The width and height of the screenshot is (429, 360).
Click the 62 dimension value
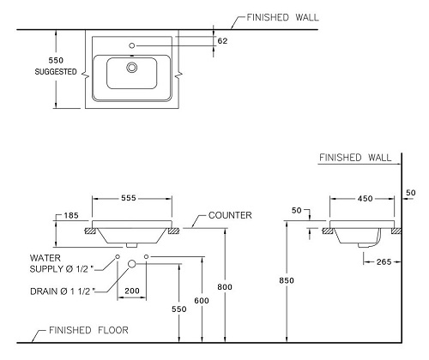pyautogui.click(x=222, y=41)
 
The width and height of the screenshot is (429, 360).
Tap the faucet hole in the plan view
pyautogui.click(x=132, y=45)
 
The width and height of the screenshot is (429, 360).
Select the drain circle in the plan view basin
pyautogui.click(x=132, y=68)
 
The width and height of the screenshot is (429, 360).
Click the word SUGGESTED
pyautogui.click(x=56, y=71)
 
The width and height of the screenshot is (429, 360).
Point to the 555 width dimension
pyautogui.click(x=129, y=198)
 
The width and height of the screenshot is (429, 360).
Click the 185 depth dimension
pyautogui.click(x=71, y=215)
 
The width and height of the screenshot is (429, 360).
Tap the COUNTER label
pyautogui.click(x=230, y=215)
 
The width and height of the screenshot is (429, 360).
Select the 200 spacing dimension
pyautogui.click(x=132, y=291)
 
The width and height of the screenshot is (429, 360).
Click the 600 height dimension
pyautogui.click(x=202, y=301)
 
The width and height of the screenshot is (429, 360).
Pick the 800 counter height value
pyautogui.click(x=225, y=287)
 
